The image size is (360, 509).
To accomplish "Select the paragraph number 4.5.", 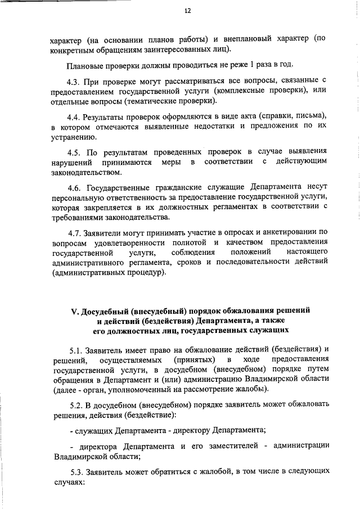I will point(75,151).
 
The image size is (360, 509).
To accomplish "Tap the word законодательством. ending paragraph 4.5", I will point(85,172).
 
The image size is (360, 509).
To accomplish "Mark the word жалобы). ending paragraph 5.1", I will point(253,390).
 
